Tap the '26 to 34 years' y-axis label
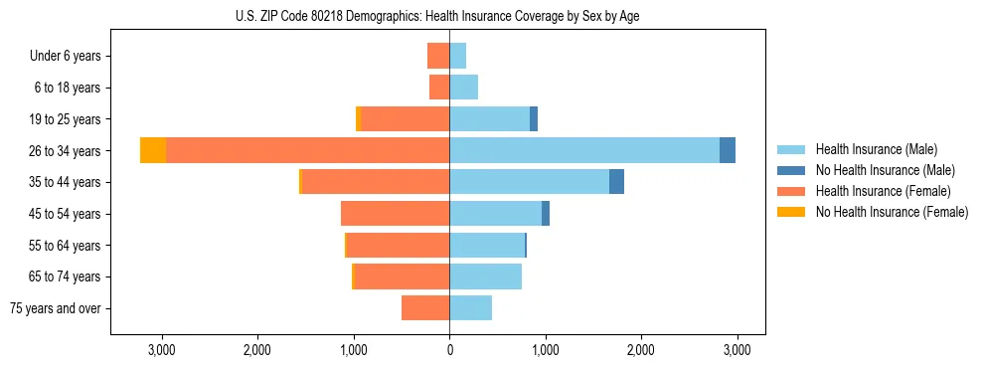tap(65, 151)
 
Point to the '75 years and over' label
tap(56, 308)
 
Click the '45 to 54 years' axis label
tap(65, 214)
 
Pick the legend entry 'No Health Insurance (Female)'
tap(892, 212)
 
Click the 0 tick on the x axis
tap(449, 350)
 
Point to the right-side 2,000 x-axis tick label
tap(641, 350)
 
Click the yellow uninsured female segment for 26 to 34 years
tap(153, 150)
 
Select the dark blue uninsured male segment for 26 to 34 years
tap(728, 150)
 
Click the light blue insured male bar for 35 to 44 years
tap(529, 182)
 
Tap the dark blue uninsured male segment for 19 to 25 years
tap(534, 119)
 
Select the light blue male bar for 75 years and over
tap(470, 308)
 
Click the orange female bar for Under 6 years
tap(438, 56)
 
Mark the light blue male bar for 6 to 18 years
tap(463, 88)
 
